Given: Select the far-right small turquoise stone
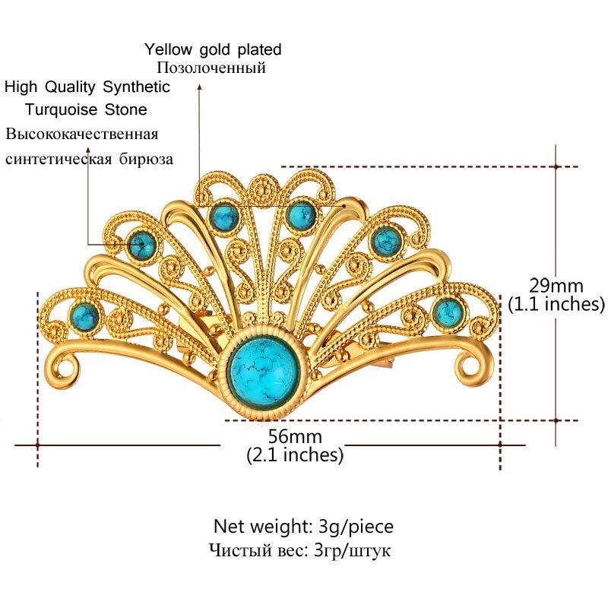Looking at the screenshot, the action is (x=448, y=310).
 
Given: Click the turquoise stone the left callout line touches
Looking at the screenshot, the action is (x=141, y=245).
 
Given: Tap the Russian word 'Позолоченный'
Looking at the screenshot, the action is (x=205, y=68).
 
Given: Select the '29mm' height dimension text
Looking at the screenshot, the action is (x=556, y=287).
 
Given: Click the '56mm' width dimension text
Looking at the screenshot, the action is (x=295, y=437).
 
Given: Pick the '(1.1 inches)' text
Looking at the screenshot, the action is (x=556, y=304).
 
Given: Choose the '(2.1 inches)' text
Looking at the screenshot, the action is (x=295, y=455).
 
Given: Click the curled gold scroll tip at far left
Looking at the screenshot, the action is (x=65, y=369).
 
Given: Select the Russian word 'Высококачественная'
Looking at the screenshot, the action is (x=82, y=135).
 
